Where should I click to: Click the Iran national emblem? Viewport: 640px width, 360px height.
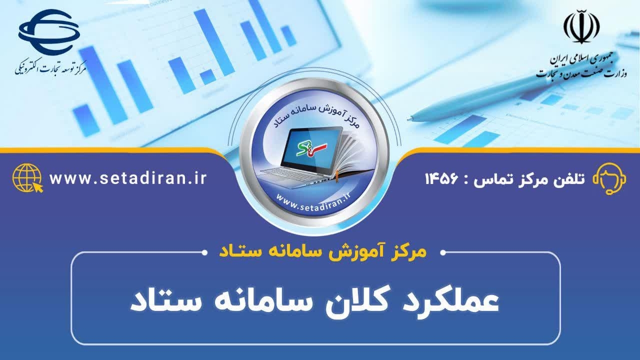pyautogui.click(x=581, y=26)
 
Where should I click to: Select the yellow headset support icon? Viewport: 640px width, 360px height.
pyautogui.click(x=609, y=178)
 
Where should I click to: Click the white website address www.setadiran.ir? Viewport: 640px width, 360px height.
pyautogui.click(x=128, y=178)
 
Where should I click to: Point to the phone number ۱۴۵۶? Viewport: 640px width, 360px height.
pyautogui.click(x=441, y=179)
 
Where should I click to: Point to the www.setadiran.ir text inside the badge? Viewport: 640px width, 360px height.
pyautogui.click(x=313, y=203)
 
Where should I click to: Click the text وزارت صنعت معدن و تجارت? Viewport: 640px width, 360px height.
pyautogui.click(x=581, y=73)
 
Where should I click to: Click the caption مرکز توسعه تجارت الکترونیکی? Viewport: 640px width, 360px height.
pyautogui.click(x=50, y=68)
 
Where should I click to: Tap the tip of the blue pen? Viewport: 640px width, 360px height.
pyautogui.click(x=409, y=118)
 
